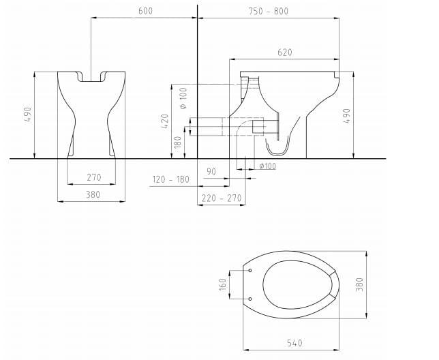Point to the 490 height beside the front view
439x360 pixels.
27,114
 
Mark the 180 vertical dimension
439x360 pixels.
179,142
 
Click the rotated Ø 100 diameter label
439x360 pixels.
183,98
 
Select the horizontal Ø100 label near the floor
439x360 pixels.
268,166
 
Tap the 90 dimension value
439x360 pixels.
211,172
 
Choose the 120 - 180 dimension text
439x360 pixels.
170,179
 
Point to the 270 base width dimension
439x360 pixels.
93,177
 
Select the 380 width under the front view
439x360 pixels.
93,195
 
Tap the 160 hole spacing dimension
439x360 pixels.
222,284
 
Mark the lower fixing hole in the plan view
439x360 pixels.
250,298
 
